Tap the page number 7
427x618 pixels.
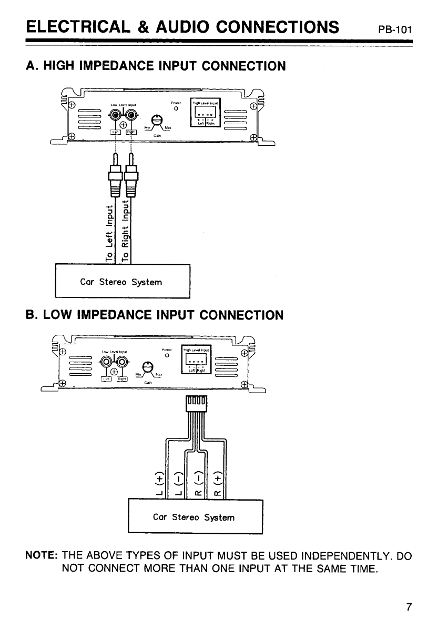(408, 606)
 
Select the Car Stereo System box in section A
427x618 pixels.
(122, 283)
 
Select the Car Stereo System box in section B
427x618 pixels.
(195, 517)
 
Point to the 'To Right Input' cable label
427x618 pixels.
(126, 231)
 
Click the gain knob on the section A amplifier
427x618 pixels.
(156, 121)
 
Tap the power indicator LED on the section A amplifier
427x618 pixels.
(177, 109)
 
